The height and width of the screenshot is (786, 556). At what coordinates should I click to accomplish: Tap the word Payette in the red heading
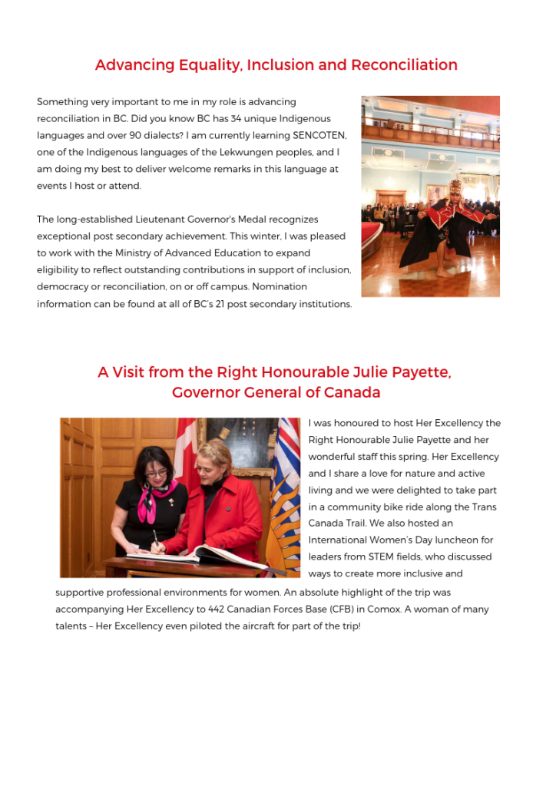click(x=422, y=372)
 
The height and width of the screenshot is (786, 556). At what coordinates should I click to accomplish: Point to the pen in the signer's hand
click(x=155, y=538)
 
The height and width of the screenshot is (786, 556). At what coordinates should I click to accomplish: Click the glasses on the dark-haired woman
click(x=157, y=474)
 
